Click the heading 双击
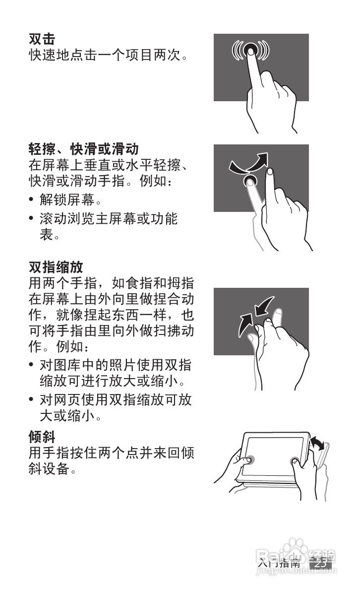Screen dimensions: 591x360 pos(42,38)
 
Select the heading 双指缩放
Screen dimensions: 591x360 pos(56,267)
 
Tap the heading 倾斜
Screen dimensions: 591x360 pos(42,437)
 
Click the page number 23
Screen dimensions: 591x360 pos(320,563)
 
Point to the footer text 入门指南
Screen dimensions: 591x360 pos(279,563)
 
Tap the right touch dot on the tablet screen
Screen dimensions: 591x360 pos(297,461)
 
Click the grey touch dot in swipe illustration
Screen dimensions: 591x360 pos(251,182)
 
